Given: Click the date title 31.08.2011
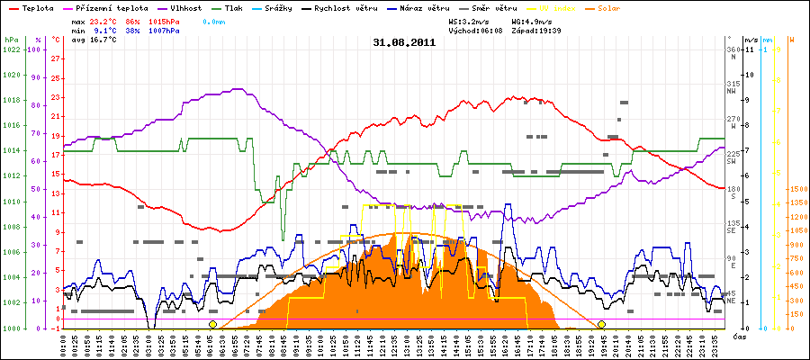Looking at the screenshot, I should (404, 41).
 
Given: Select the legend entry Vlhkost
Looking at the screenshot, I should (185, 7).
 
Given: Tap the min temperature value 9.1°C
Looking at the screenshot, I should (108, 30).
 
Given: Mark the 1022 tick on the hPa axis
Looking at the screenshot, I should (12, 49).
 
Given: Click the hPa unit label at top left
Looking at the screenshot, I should (11, 40).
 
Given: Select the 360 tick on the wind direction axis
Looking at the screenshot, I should (733, 49).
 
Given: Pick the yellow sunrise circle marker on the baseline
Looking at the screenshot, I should (212, 324).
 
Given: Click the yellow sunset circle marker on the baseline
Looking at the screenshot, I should (601, 324).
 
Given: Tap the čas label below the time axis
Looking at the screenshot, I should (739, 336).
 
